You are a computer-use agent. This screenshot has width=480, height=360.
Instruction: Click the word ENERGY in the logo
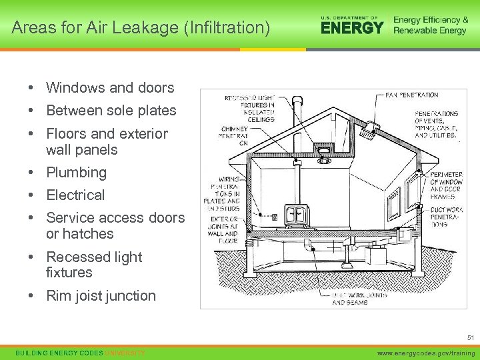[x=352, y=27]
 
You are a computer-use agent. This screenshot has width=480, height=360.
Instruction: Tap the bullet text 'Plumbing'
[x=76, y=173]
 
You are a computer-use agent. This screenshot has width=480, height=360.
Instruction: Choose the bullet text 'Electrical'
[x=75, y=195]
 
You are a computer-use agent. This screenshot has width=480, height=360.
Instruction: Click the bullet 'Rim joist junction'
[x=101, y=296]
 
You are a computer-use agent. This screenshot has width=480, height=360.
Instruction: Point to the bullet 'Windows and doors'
[x=110, y=88]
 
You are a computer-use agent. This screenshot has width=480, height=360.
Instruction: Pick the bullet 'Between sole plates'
[x=111, y=111]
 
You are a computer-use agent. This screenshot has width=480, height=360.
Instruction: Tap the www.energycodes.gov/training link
[x=425, y=353]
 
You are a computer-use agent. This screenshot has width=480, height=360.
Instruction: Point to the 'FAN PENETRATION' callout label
[x=412, y=95]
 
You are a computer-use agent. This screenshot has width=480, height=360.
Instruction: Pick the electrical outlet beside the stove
[x=274, y=216]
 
